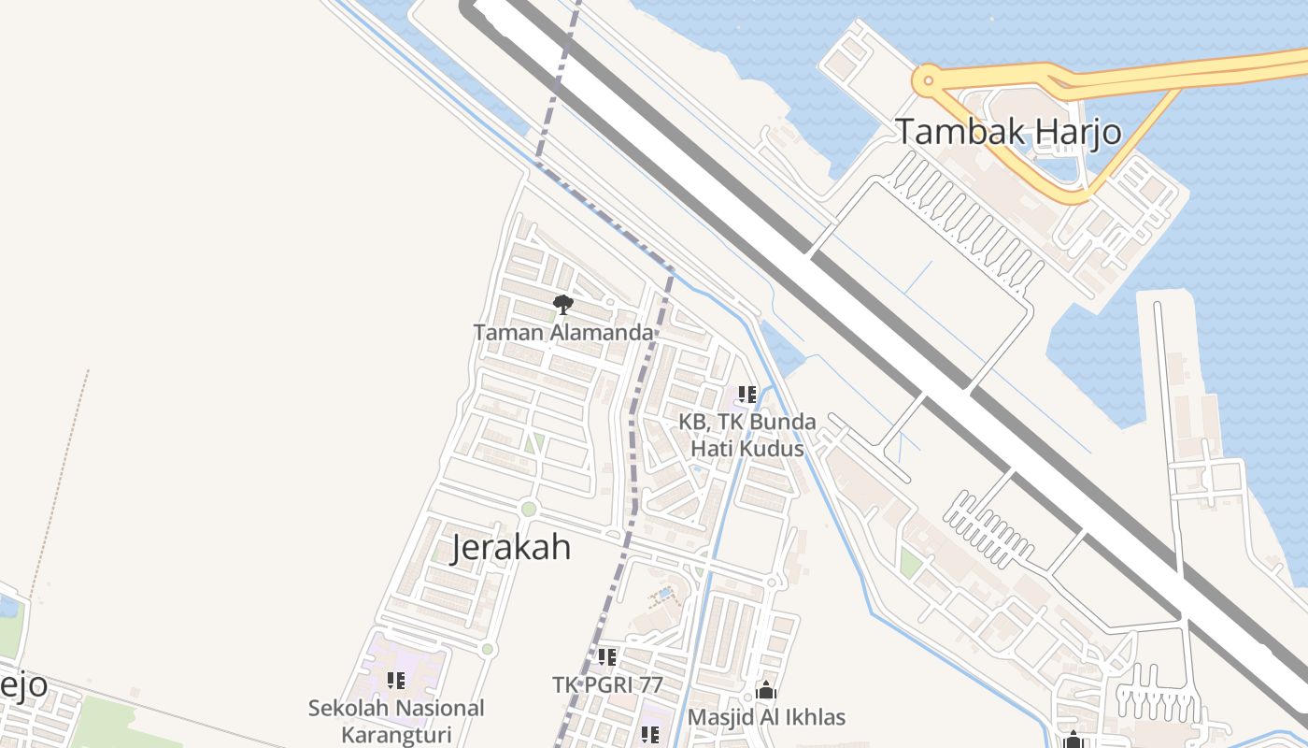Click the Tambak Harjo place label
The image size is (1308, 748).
(x=1008, y=132)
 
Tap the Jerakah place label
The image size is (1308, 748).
(x=511, y=547)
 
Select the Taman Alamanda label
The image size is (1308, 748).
(x=562, y=332)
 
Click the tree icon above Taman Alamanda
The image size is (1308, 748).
(x=562, y=304)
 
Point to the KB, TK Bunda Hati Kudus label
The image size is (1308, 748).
(x=746, y=436)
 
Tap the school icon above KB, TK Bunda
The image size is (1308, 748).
(x=746, y=395)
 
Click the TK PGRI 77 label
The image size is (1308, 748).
(x=607, y=684)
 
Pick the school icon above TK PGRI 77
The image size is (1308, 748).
(x=607, y=657)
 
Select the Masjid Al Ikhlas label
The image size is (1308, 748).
(x=766, y=717)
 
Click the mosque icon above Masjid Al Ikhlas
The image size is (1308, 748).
(x=766, y=691)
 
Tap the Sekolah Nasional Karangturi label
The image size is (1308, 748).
(x=396, y=721)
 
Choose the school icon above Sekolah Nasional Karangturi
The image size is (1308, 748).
(x=396, y=681)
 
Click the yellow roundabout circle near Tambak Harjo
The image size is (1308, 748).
(x=927, y=80)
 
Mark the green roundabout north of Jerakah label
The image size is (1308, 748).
(x=529, y=510)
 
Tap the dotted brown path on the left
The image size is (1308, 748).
(x=61, y=477)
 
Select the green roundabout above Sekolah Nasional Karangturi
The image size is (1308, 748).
(x=487, y=649)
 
